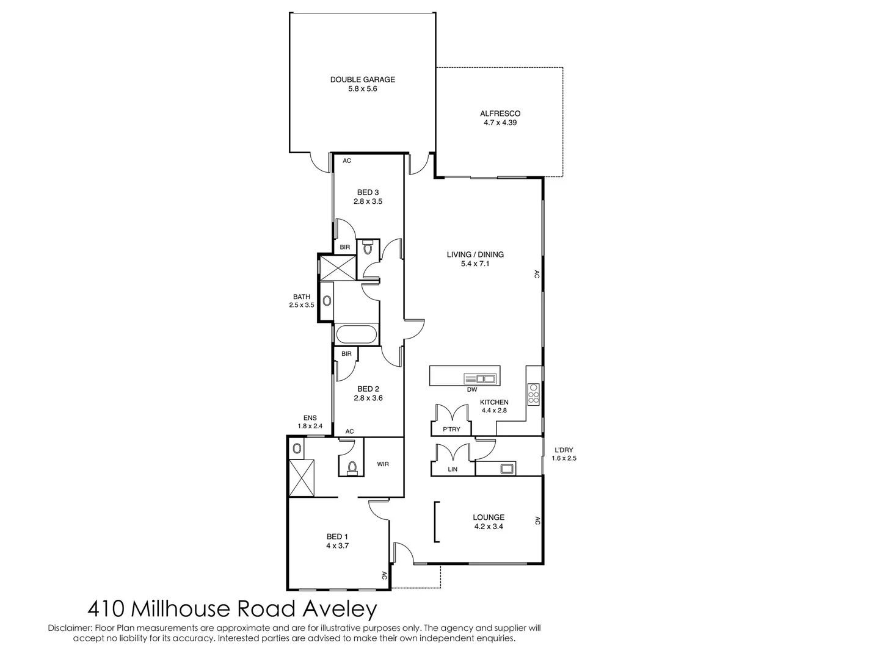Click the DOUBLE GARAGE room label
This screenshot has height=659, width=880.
pyautogui.click(x=362, y=80)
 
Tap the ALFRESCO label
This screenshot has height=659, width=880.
pyautogui.click(x=500, y=113)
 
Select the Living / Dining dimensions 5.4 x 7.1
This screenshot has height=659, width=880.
pyautogui.click(x=475, y=264)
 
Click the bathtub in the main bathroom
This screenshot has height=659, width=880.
pyautogui.click(x=357, y=334)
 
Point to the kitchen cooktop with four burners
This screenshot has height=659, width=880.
pyautogui.click(x=534, y=394)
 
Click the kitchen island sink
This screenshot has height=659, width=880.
pyautogui.click(x=480, y=378)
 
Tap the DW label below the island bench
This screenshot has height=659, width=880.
pyautogui.click(x=472, y=389)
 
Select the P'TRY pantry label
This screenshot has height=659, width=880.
pyautogui.click(x=451, y=430)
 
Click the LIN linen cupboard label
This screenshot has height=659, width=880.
pyautogui.click(x=453, y=469)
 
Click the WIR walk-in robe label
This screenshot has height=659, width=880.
pyautogui.click(x=383, y=464)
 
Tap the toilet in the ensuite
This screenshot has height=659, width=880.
pyautogui.click(x=352, y=467)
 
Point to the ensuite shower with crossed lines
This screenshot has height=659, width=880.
pyautogui.click(x=302, y=478)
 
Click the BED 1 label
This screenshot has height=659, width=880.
pyautogui.click(x=337, y=537)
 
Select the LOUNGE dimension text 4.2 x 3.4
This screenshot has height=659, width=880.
pyautogui.click(x=489, y=527)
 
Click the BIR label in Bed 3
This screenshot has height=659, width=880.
pyautogui.click(x=345, y=247)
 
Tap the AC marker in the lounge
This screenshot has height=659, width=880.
pyautogui.click(x=537, y=520)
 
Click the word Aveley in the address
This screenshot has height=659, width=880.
pyautogui.click(x=340, y=610)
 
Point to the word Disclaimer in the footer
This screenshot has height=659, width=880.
pyautogui.click(x=70, y=628)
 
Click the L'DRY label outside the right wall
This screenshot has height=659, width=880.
pyautogui.click(x=564, y=450)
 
